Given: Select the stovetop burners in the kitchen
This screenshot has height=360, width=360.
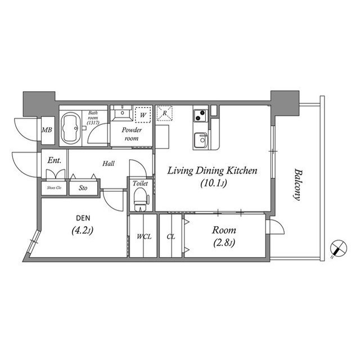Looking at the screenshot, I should pyautogui.click(x=200, y=116).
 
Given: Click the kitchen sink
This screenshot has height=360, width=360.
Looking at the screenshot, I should pyautogui.click(x=200, y=141).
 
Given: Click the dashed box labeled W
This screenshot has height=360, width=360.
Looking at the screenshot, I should pyautogui.click(x=143, y=114).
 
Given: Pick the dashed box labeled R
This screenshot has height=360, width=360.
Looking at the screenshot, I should pyautogui.click(x=164, y=113).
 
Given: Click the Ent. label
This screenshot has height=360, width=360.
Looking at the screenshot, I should pyautogui.click(x=54, y=160).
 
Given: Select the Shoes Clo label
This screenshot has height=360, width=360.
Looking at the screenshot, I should pyautogui.click(x=54, y=188).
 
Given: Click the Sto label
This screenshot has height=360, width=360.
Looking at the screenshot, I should pyautogui.click(x=83, y=188).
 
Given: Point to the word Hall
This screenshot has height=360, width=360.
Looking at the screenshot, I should pyautogui.click(x=110, y=164).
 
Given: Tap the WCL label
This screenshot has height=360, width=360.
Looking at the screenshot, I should pyautogui.click(x=143, y=237).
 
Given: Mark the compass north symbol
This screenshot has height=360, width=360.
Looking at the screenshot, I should pyautogui.click(x=339, y=247).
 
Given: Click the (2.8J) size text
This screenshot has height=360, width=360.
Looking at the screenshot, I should pyautogui.click(x=224, y=243).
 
